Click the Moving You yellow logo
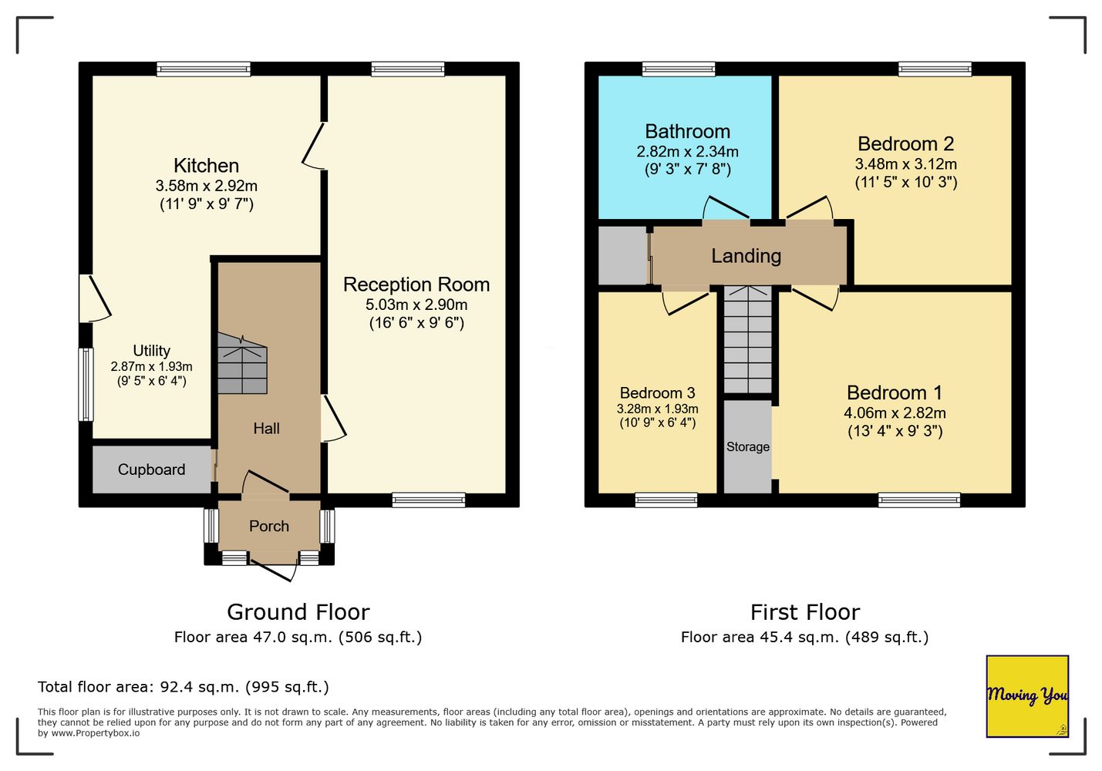1027,696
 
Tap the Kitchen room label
206,166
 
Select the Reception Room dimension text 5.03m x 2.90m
416,305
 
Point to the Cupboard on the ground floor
151,469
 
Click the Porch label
269,526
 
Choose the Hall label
266,428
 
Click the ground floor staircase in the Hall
243,364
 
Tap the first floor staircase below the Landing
747,339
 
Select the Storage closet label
748,446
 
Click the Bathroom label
687,131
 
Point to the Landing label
746,256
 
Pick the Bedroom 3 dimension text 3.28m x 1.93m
657,409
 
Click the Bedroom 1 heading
895,392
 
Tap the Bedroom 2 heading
905,143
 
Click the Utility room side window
86,385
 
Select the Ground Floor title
298,612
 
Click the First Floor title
805,612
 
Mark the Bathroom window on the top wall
679,69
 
